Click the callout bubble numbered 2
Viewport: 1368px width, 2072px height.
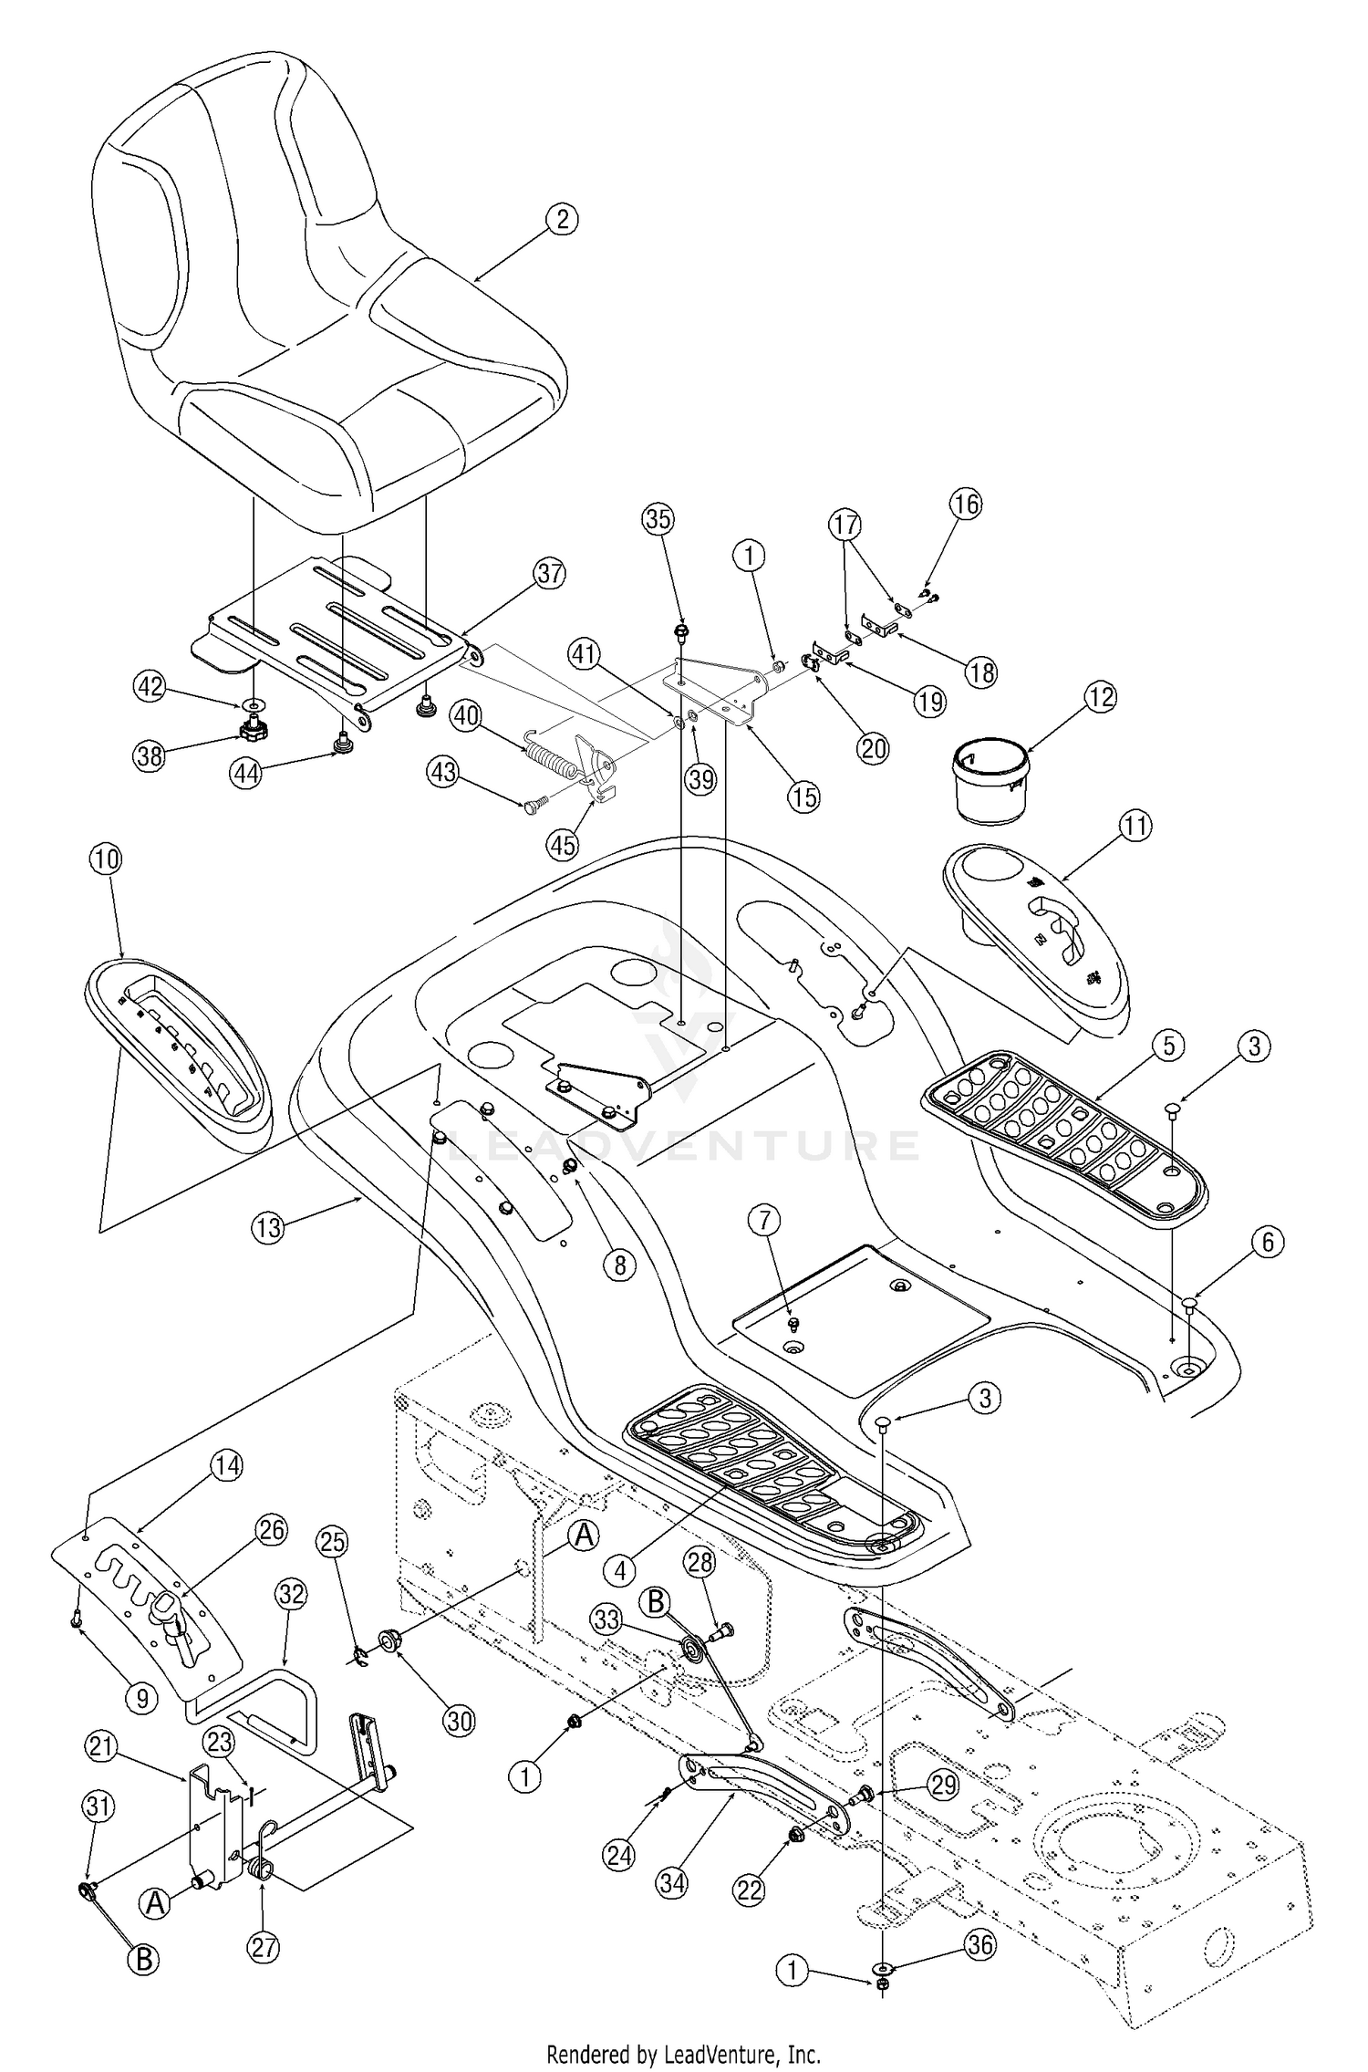[x=562, y=219]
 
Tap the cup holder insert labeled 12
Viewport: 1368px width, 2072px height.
[x=990, y=780]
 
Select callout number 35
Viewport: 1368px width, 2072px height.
[x=658, y=518]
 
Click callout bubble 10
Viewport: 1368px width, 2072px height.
[x=106, y=859]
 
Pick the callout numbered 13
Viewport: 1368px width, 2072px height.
[x=269, y=1228]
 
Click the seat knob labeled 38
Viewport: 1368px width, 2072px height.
[x=248, y=728]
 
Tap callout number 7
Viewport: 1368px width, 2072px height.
[x=764, y=1218]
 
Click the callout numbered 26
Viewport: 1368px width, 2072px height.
[x=271, y=1530]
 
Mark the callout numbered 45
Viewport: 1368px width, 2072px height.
[x=563, y=845]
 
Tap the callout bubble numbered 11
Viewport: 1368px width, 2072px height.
[x=1135, y=827]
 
